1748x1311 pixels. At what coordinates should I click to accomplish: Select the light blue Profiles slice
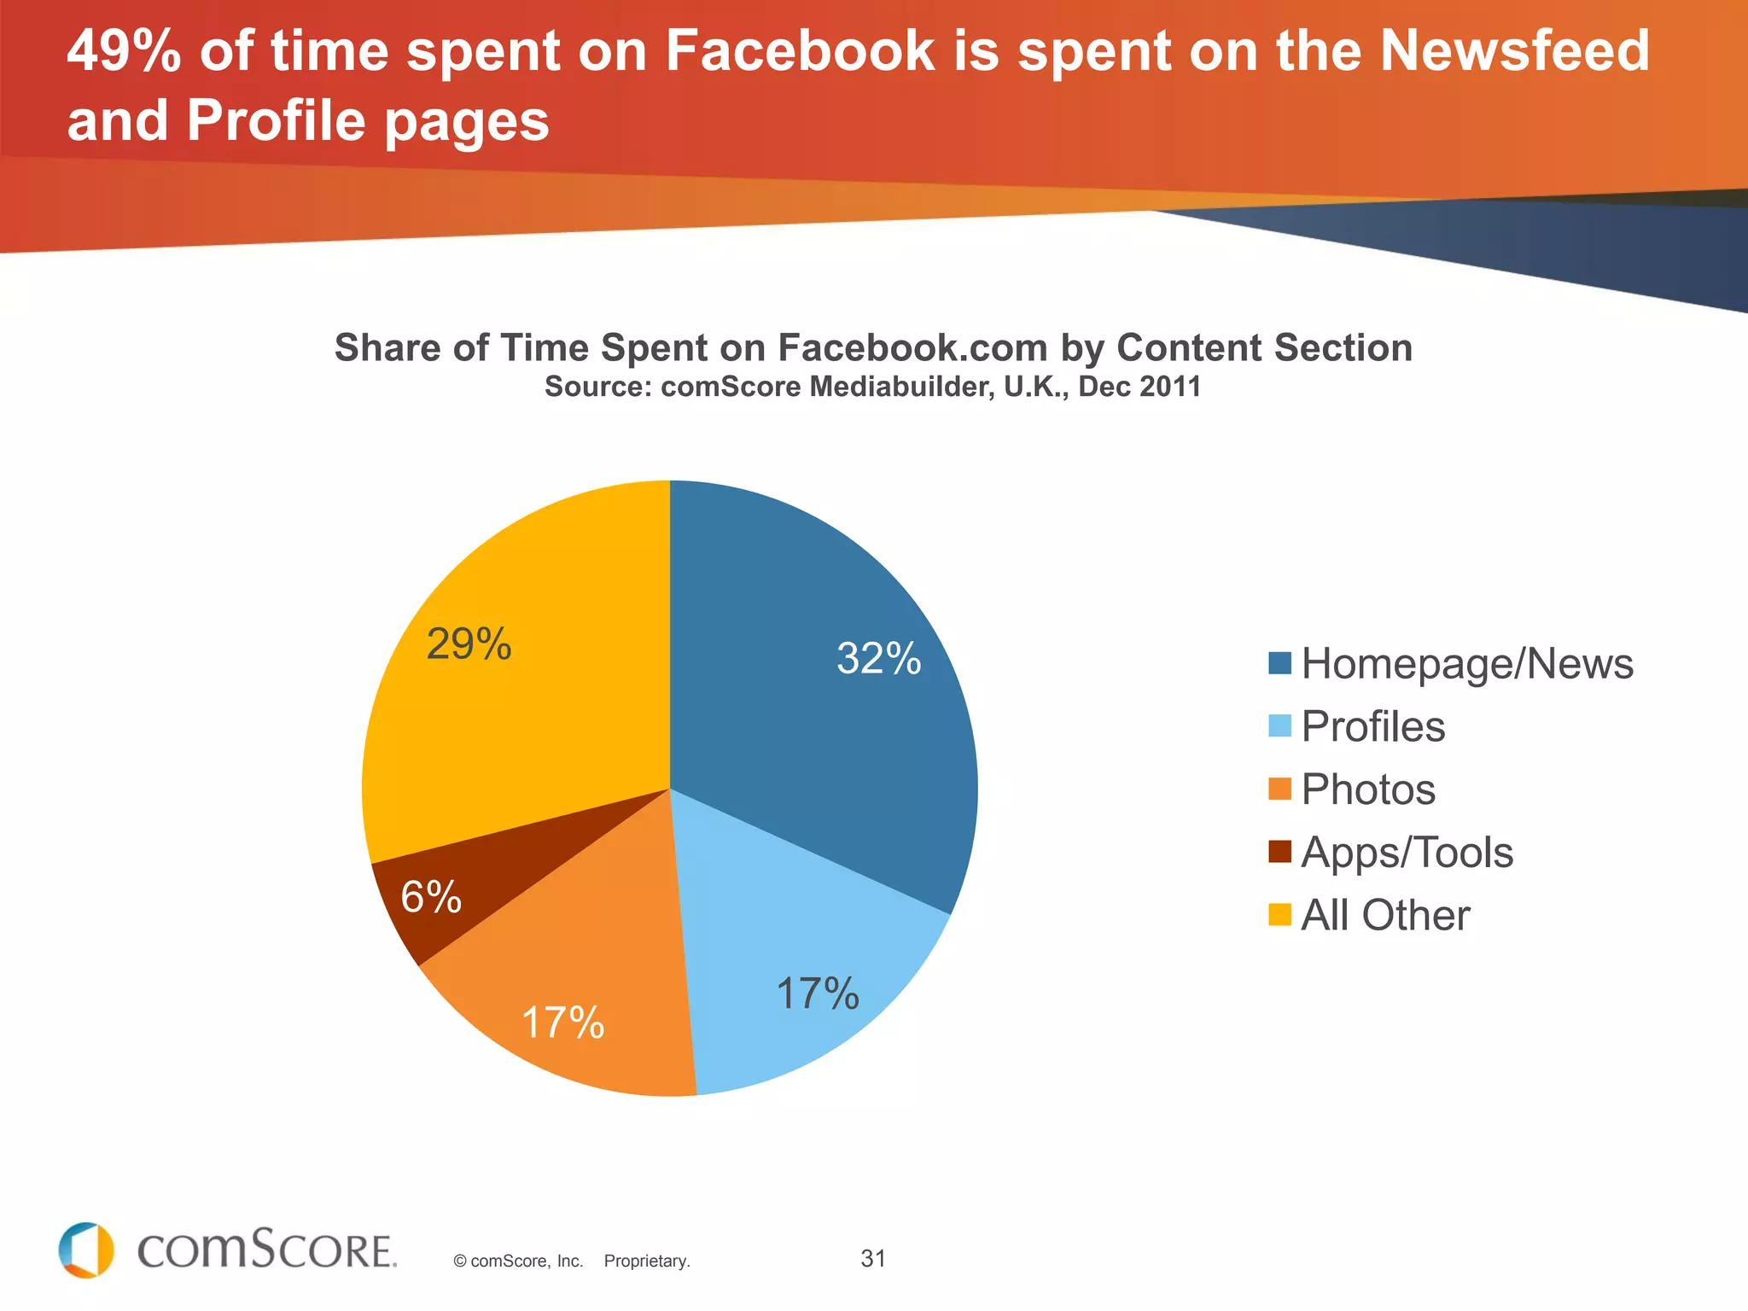[x=794, y=956]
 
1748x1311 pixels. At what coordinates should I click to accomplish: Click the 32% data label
[x=878, y=658]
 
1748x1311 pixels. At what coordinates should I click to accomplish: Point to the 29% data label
[x=469, y=644]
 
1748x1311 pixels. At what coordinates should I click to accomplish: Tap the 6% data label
[x=431, y=897]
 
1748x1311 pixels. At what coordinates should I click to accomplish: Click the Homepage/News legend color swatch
[x=1279, y=663]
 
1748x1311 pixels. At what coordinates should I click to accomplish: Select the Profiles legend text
[x=1372, y=726]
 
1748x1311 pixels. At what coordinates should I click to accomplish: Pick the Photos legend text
[x=1367, y=790]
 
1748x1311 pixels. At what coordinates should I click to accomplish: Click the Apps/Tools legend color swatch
[x=1279, y=852]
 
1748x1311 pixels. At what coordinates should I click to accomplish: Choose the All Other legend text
[x=1384, y=915]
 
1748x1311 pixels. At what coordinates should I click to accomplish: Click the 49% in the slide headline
[x=124, y=51]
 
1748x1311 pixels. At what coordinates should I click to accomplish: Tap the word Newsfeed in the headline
[x=1514, y=51]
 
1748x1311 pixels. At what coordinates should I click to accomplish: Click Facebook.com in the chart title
[x=912, y=348]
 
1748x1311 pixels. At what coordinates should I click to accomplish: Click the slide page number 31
[x=872, y=1258]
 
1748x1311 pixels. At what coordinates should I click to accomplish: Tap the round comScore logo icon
[x=86, y=1250]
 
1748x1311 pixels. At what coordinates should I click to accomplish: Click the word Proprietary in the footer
[x=646, y=1261]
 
